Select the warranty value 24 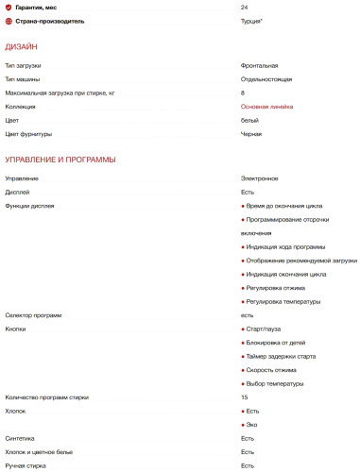(x=245, y=7)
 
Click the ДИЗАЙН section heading (x=22, y=46)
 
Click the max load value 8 (x=243, y=93)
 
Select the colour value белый (x=249, y=121)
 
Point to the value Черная (x=251, y=134)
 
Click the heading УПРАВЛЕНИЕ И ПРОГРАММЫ (x=60, y=160)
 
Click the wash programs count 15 (x=245, y=397)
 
